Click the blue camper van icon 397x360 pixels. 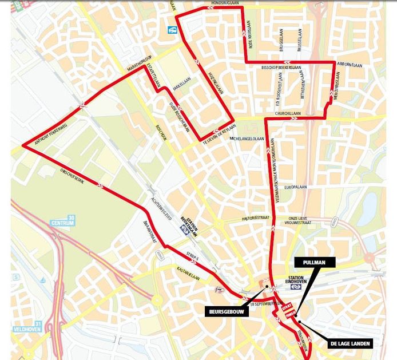(x=172, y=30)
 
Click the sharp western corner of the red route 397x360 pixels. (x=23, y=146)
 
